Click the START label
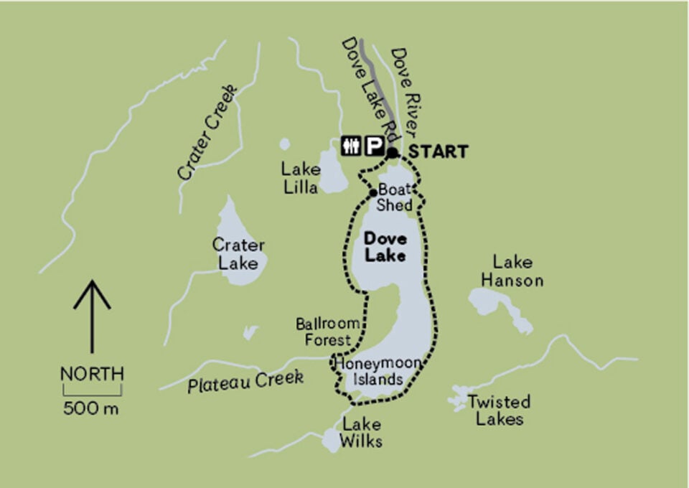pyautogui.click(x=438, y=152)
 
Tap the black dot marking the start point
pyautogui.click(x=392, y=152)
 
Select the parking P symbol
pyautogui.click(x=372, y=146)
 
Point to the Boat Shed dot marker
pyautogui.click(x=372, y=193)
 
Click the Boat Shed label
pyautogui.click(x=395, y=198)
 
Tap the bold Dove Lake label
pyautogui.click(x=385, y=246)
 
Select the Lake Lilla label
pyautogui.click(x=301, y=178)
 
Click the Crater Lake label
pyautogui.click(x=238, y=254)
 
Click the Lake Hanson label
pyautogui.click(x=512, y=271)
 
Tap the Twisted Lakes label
pyautogui.click(x=499, y=410)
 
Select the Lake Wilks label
pyautogui.click(x=362, y=432)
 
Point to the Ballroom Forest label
pyautogui.click(x=324, y=332)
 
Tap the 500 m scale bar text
pyautogui.click(x=91, y=410)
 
